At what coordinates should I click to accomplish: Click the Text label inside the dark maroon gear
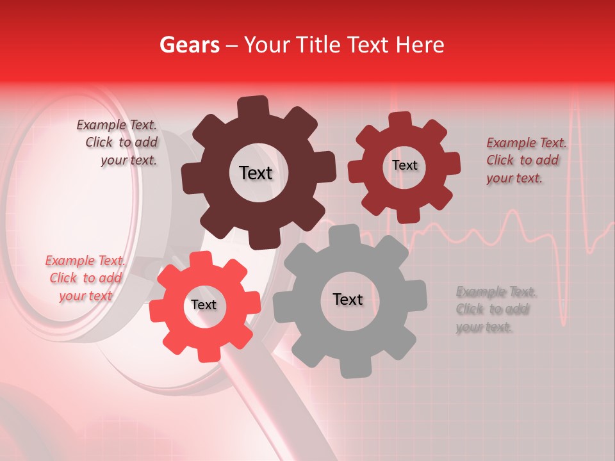[x=256, y=173]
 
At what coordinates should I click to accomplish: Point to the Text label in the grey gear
[x=348, y=299]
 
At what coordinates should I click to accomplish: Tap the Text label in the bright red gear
[x=204, y=305]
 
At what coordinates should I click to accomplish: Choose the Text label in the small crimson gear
[x=405, y=165]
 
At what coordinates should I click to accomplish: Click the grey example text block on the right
[x=495, y=310]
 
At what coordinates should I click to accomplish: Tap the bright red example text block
[x=86, y=278]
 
